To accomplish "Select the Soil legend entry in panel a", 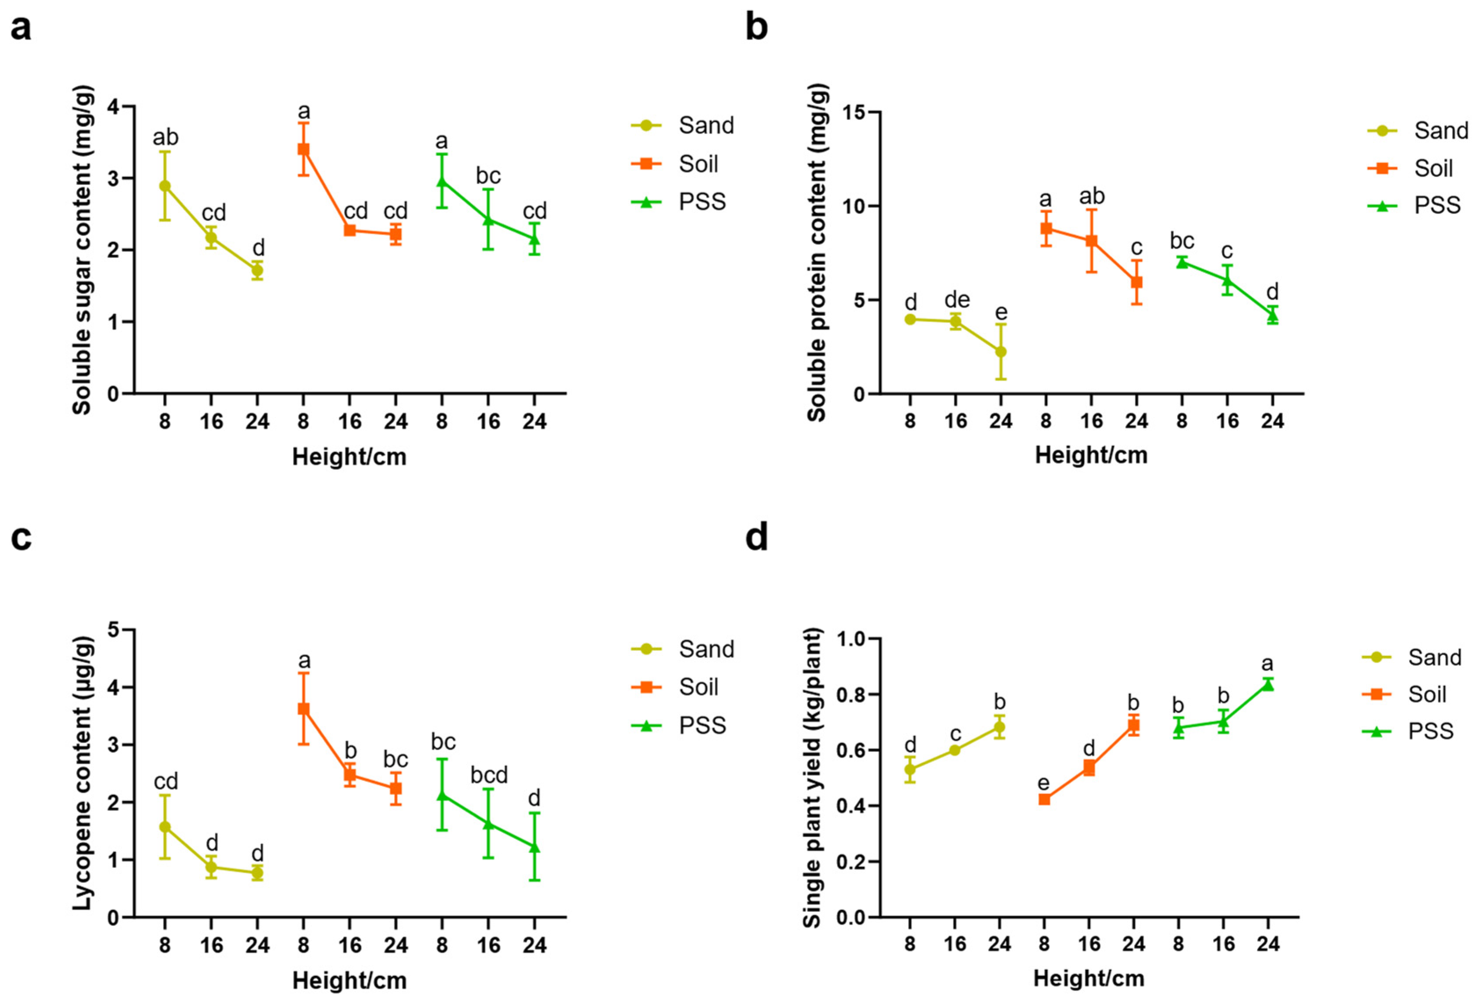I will coord(698,164).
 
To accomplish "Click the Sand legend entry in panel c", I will coord(705,649).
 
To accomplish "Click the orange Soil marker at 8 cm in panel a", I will coord(304,149).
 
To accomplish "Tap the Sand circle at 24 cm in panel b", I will coord(1000,352).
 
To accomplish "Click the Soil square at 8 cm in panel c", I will coord(304,708).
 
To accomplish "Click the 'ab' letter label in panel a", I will coord(165,137).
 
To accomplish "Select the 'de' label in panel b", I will coord(957,299).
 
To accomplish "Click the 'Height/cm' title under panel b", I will coord(1091,455).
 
